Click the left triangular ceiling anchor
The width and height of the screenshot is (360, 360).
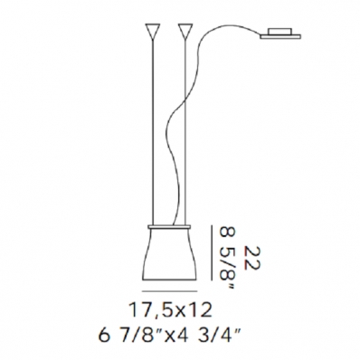coord(152,30)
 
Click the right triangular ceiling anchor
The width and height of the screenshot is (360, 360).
coord(185,30)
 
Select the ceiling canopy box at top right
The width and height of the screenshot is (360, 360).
coord(280,32)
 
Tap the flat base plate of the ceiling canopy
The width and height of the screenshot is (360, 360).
coord(280,37)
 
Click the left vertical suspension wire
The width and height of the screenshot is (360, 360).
coord(153,130)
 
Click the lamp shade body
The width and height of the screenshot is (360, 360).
coord(169,255)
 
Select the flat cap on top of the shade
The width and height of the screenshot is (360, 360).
coord(169,226)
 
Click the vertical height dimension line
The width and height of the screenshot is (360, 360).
coord(212,252)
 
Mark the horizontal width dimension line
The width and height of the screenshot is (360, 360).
coord(169,291)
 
